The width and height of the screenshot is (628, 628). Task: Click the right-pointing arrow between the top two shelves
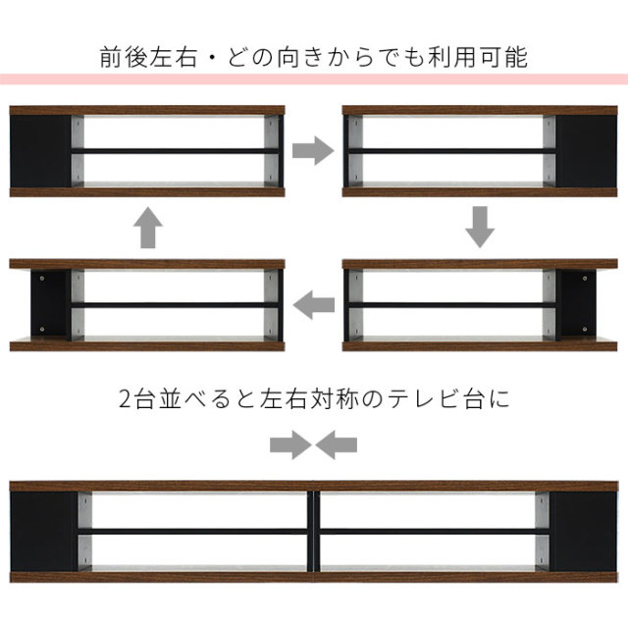point(313,150)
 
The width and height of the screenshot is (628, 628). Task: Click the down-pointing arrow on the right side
point(480,227)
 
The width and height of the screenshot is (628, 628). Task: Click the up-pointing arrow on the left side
point(148,228)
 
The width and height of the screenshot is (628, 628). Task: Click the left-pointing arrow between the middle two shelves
point(314,305)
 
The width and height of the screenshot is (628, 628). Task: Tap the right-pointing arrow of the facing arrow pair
point(290,445)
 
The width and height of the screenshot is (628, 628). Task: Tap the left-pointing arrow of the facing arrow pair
point(336,445)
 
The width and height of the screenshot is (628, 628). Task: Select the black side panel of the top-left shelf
point(40,151)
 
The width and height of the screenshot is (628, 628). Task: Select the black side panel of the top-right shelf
point(587,151)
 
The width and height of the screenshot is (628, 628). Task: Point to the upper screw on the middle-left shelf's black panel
point(42,278)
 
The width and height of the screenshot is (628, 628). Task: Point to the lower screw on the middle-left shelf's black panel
point(42,330)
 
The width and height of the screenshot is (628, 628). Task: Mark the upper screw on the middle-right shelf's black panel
point(585,278)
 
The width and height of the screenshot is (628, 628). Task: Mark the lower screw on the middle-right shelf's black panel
point(585,330)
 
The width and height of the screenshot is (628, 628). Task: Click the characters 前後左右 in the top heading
point(148,57)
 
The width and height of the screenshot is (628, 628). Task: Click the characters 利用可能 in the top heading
point(478,57)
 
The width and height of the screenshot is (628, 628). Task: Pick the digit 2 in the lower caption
point(125,399)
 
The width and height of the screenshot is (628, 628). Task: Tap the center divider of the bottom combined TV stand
point(314,532)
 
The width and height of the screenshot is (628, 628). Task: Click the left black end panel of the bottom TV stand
point(44,532)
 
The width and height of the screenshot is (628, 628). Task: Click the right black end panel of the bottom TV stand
point(583,532)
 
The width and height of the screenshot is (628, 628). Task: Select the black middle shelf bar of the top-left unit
point(175,151)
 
